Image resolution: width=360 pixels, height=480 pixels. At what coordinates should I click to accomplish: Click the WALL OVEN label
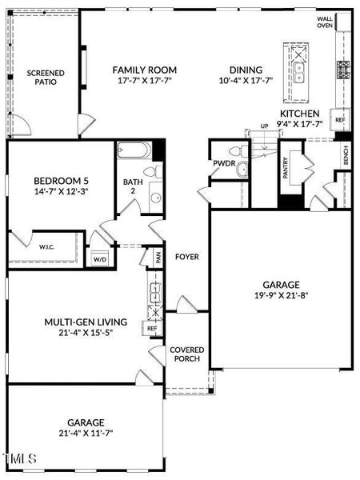point(325,22)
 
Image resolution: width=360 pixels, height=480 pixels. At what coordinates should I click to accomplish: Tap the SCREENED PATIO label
point(46,78)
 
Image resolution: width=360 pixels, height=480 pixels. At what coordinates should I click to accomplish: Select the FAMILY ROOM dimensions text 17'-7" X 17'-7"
point(145,81)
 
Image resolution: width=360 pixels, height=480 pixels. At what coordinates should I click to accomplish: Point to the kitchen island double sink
point(299,72)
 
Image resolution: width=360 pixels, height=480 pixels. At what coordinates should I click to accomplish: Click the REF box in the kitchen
point(340,120)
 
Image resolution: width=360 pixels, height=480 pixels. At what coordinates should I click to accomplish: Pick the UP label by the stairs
point(264,126)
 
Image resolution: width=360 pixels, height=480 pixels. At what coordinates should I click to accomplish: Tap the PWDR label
point(224,163)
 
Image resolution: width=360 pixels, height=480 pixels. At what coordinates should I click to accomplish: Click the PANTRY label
point(286,168)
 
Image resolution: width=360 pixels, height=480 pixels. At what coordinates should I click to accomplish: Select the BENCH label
point(346,155)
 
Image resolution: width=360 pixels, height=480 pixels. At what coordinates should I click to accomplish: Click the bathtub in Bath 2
point(134,150)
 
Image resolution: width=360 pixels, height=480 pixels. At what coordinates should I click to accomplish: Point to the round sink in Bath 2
point(156,198)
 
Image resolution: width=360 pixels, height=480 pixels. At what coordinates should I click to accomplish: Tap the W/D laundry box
point(100,259)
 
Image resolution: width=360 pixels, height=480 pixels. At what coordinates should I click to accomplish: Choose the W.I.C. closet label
point(47,246)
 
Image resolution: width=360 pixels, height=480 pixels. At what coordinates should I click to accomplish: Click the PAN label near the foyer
point(158,258)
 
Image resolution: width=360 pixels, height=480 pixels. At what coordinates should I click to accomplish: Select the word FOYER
point(187,257)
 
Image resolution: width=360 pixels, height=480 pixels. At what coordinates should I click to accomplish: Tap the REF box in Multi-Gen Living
point(152,329)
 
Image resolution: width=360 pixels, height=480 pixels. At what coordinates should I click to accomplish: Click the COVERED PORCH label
point(187,354)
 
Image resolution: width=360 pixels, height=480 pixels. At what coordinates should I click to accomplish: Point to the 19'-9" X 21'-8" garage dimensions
point(281,296)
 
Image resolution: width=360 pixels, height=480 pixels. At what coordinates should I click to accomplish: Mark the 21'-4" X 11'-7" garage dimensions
point(86,434)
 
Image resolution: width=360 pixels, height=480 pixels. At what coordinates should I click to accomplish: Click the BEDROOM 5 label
point(61,181)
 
